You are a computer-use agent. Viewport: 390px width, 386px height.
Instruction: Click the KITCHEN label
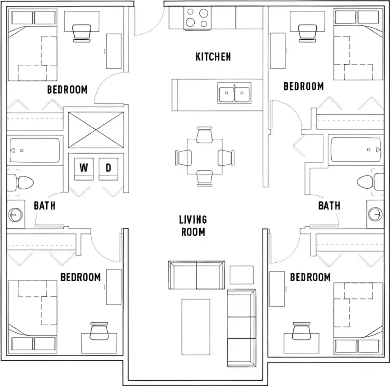(x=213, y=56)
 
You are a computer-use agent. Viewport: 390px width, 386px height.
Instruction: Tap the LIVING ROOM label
(x=193, y=226)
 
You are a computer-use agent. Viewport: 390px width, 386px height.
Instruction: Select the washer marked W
(x=84, y=169)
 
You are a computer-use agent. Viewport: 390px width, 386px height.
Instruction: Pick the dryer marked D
(x=108, y=169)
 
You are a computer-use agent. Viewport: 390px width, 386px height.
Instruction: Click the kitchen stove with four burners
(x=198, y=18)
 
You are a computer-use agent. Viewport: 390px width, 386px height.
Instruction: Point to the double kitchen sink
(x=234, y=93)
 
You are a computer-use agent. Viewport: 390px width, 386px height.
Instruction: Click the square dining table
(x=204, y=157)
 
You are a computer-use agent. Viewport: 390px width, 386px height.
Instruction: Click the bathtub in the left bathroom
(x=35, y=150)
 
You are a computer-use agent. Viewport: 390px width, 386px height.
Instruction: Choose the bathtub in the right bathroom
(x=356, y=149)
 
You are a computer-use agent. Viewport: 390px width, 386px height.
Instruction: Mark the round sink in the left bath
(x=15, y=214)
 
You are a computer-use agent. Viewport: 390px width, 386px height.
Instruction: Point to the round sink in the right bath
(x=375, y=214)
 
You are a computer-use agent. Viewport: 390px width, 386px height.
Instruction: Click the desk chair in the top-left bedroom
(x=82, y=33)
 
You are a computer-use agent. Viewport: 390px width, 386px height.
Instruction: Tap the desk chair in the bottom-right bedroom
(x=302, y=331)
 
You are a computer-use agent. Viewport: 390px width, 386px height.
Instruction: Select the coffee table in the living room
(x=196, y=327)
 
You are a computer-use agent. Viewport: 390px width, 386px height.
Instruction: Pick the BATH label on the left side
(x=44, y=206)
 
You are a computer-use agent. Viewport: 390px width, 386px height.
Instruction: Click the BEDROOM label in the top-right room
(x=304, y=86)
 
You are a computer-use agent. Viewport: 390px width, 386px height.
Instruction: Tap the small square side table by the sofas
(x=242, y=275)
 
